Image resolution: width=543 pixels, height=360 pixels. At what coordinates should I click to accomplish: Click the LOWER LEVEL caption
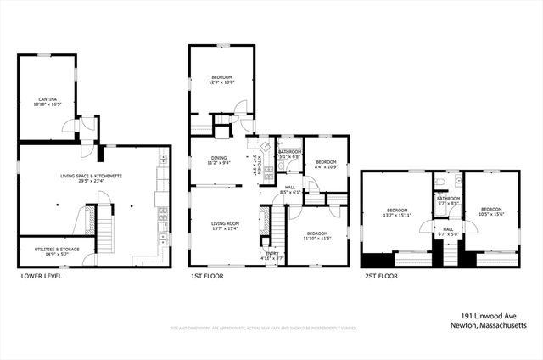41,276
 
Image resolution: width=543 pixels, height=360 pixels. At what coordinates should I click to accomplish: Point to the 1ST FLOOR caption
208,276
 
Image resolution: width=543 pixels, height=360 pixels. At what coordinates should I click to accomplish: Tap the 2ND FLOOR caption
383,276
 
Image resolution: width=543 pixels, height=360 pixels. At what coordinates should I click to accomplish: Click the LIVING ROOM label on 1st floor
226,225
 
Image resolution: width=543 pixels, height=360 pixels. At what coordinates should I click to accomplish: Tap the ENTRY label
272,256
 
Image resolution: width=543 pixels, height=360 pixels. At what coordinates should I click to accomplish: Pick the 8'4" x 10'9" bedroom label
327,164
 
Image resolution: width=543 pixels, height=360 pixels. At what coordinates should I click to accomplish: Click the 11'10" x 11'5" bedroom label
317,235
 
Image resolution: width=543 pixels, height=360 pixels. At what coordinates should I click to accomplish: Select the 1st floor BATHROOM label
289,154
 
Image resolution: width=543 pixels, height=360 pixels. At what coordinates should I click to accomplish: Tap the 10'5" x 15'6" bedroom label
492,212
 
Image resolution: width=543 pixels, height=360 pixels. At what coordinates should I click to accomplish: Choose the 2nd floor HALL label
448,231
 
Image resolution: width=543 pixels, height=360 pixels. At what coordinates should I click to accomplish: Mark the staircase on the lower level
106,227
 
